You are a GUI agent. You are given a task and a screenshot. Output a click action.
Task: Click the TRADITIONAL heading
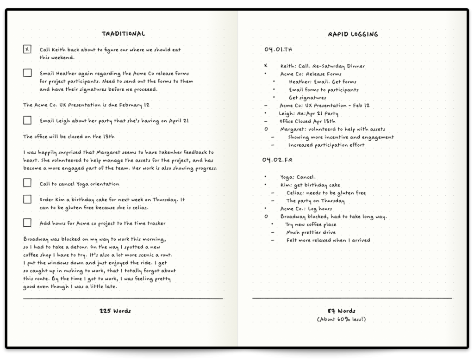click(123, 34)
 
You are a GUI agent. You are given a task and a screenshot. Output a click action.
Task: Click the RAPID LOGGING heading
click(353, 34)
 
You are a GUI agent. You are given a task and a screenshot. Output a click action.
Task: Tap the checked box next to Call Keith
click(27, 49)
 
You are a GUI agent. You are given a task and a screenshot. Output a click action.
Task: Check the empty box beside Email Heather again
click(27, 73)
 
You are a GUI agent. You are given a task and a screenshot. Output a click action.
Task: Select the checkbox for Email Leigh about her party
click(27, 120)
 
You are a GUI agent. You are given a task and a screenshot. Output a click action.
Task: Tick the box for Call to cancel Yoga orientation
click(27, 183)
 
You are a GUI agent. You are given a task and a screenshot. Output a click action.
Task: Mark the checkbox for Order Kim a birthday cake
click(27, 199)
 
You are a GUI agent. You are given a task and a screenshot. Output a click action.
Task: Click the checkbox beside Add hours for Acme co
click(27, 223)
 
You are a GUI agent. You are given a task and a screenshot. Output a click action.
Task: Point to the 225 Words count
click(115, 311)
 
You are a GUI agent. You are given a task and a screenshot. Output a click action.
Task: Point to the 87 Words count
click(341, 311)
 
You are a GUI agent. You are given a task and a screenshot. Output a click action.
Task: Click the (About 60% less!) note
click(341, 319)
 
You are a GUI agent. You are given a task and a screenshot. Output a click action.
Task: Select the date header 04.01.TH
click(278, 50)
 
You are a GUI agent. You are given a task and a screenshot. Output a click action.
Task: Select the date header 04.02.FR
click(277, 160)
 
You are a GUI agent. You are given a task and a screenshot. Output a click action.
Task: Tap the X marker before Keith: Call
click(266, 66)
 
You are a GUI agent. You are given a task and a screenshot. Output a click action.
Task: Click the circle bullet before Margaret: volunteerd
click(266, 129)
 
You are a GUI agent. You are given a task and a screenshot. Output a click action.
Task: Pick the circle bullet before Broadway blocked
click(266, 217)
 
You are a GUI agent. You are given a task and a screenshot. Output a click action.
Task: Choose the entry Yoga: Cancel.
click(298, 177)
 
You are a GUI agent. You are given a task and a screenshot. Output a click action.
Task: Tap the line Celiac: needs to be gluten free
click(326, 193)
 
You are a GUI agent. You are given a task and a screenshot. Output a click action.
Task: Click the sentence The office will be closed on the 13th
click(69, 137)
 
